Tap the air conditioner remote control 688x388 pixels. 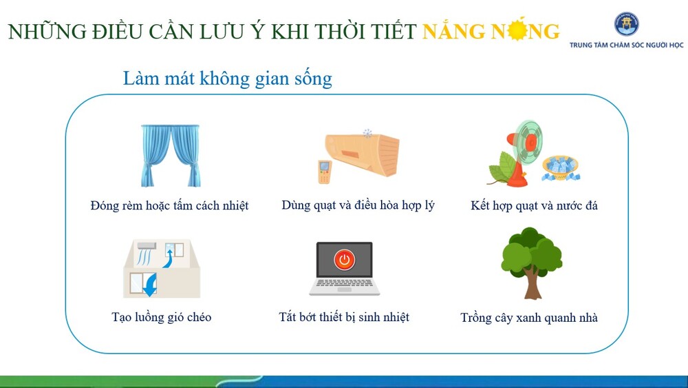[324, 172]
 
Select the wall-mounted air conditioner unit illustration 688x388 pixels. [363, 154]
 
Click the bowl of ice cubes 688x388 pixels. [560, 168]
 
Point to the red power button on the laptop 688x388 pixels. [345, 259]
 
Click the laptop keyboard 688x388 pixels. [345, 283]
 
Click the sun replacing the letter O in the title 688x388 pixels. [517, 30]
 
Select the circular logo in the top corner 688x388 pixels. [626, 23]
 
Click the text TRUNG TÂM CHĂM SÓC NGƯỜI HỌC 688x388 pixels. [626, 45]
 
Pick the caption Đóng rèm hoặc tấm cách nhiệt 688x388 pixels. [169, 205]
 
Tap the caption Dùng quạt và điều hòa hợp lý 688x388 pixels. [358, 205]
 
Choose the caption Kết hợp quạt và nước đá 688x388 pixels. [534, 205]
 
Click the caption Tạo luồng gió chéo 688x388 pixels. [162, 317]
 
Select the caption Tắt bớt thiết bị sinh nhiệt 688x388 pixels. [344, 317]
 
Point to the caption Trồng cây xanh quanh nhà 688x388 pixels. [528, 318]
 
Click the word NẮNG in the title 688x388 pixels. [453, 31]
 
